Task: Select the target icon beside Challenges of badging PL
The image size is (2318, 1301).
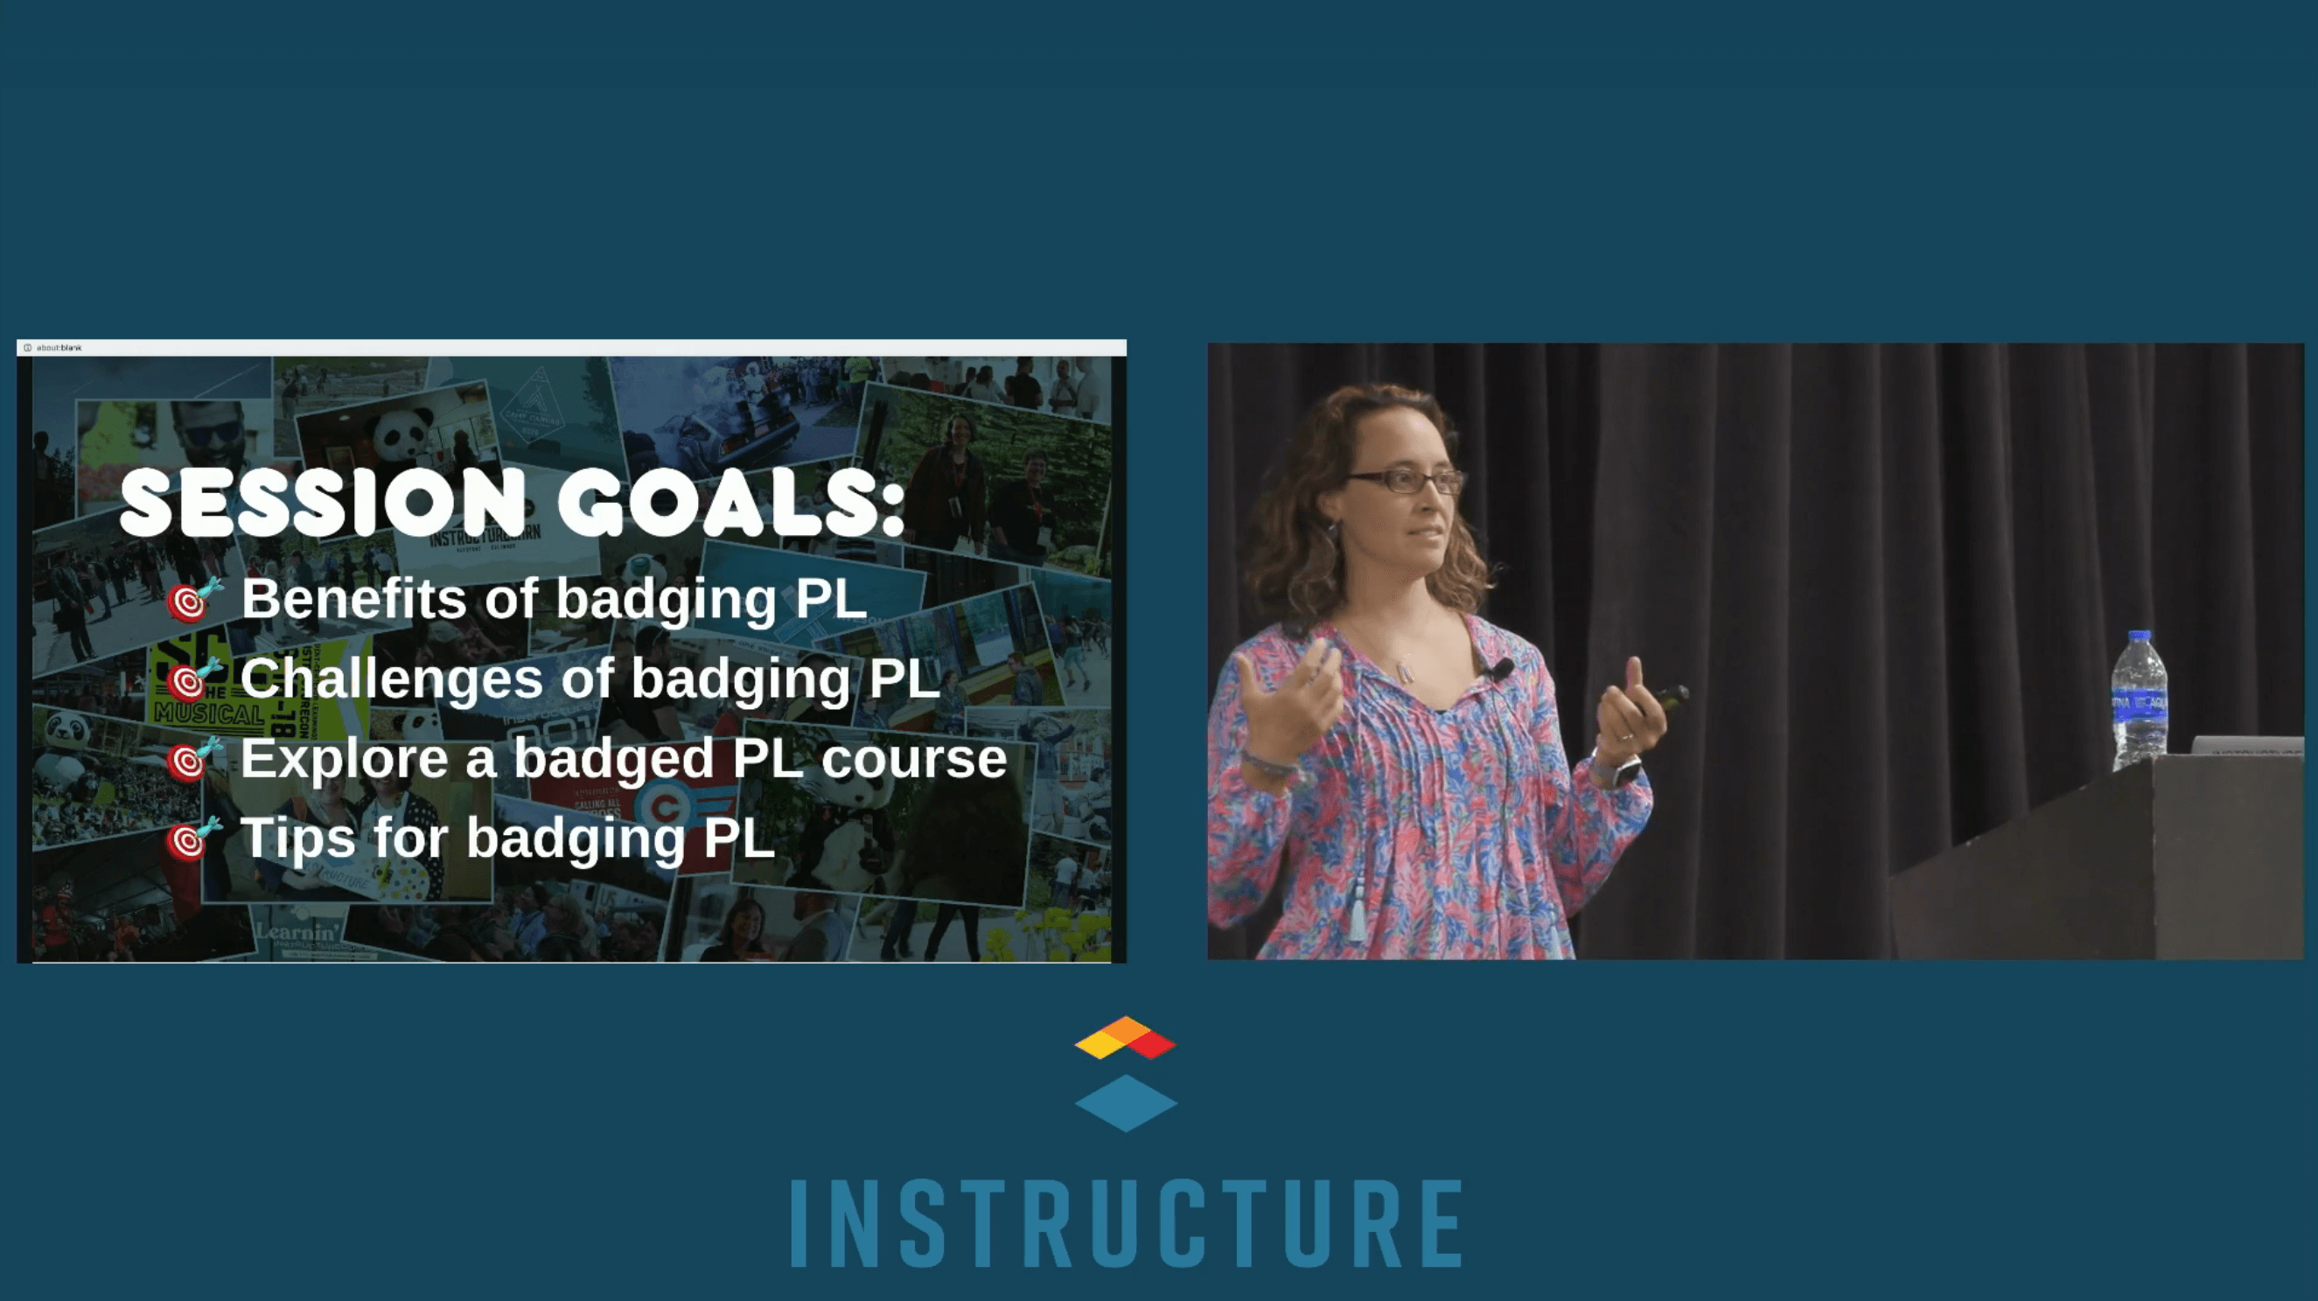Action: (188, 681)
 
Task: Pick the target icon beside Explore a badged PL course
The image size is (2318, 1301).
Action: (188, 762)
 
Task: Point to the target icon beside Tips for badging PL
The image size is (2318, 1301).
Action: (188, 840)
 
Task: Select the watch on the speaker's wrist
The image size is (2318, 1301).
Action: (1624, 771)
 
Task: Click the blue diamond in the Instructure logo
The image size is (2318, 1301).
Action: (1126, 1103)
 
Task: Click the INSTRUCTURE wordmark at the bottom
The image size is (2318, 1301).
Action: (1127, 1224)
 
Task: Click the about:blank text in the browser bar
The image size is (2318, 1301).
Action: (59, 347)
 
